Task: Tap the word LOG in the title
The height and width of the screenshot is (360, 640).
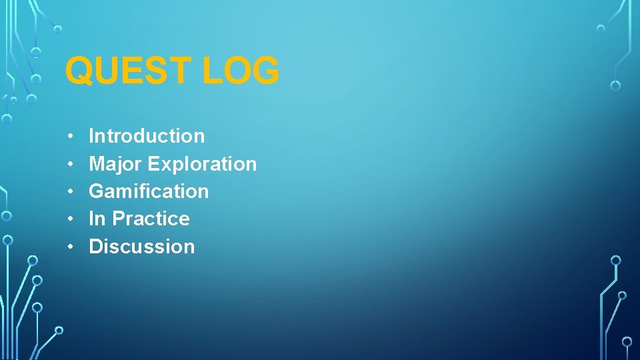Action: [x=241, y=71]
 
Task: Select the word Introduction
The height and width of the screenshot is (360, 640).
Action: [x=147, y=136]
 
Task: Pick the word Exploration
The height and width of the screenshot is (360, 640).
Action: [x=202, y=164]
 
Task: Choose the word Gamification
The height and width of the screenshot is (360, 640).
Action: [x=149, y=191]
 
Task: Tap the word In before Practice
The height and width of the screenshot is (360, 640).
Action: [x=97, y=219]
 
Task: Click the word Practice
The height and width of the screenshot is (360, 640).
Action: [x=151, y=219]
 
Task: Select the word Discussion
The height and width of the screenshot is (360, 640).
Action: [x=142, y=247]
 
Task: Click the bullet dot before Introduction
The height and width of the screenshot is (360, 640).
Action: [x=70, y=137]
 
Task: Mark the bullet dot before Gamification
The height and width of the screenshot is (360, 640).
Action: [x=70, y=192]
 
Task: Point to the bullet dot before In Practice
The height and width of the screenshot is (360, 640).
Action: [x=70, y=219]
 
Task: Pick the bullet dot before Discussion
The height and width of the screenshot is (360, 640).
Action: [x=70, y=247]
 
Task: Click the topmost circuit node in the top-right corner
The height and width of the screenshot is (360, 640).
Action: [x=601, y=29]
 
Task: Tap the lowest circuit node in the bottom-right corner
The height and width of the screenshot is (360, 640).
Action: [x=627, y=341]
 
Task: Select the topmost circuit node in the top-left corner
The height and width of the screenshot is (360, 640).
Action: [x=58, y=29]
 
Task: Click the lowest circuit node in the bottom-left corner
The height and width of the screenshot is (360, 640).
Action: [x=59, y=330]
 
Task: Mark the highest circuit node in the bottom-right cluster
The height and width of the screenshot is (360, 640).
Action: [x=616, y=260]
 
